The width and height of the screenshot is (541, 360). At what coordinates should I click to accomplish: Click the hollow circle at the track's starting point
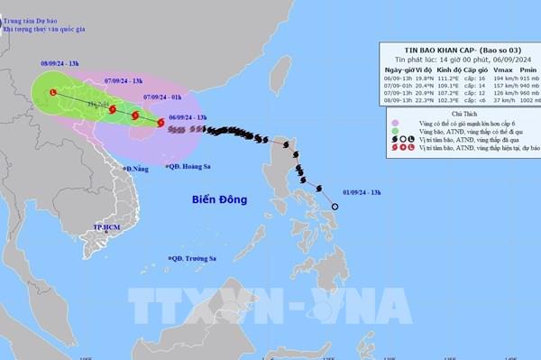pos(335,208)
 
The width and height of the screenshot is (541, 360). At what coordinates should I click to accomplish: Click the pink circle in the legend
pos(385,126)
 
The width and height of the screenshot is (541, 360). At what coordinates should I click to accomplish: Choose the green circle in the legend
pos(385,138)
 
